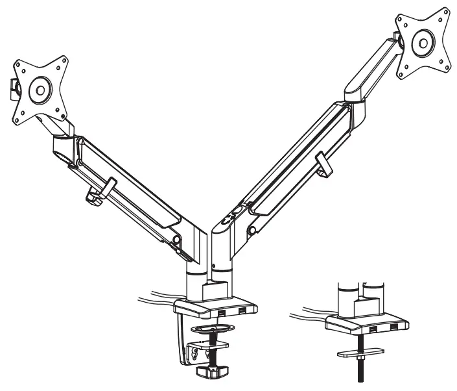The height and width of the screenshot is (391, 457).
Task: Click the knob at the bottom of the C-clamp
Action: click(213, 371)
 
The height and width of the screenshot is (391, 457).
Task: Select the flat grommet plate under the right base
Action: click(358, 353)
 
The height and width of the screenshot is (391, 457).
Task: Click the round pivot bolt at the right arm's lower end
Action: click(250, 232)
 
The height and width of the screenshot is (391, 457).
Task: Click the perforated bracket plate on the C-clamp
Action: click(193, 353)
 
